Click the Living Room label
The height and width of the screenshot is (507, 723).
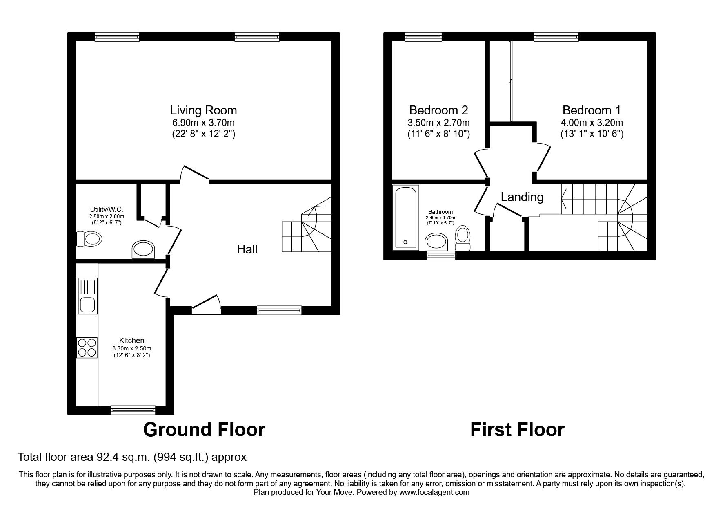203,110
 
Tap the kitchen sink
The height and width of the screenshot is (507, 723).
87,296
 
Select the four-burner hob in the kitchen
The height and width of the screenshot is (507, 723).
87,348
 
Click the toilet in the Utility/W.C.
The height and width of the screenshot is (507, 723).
89,239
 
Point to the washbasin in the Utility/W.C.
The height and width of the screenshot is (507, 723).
143,249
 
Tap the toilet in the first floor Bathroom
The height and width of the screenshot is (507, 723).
463,238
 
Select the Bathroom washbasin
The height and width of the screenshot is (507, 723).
436,242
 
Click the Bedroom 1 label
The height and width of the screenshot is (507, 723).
591,110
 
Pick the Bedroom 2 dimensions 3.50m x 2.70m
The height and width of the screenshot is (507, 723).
438,123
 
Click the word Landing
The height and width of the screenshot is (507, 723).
522,197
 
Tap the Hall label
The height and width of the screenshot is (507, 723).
247,249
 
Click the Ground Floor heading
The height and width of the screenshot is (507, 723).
204,430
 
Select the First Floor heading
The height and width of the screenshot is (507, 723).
517,430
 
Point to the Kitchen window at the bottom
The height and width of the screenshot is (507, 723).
133,409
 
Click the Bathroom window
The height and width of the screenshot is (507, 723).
441,256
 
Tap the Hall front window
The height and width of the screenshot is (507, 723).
279,310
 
